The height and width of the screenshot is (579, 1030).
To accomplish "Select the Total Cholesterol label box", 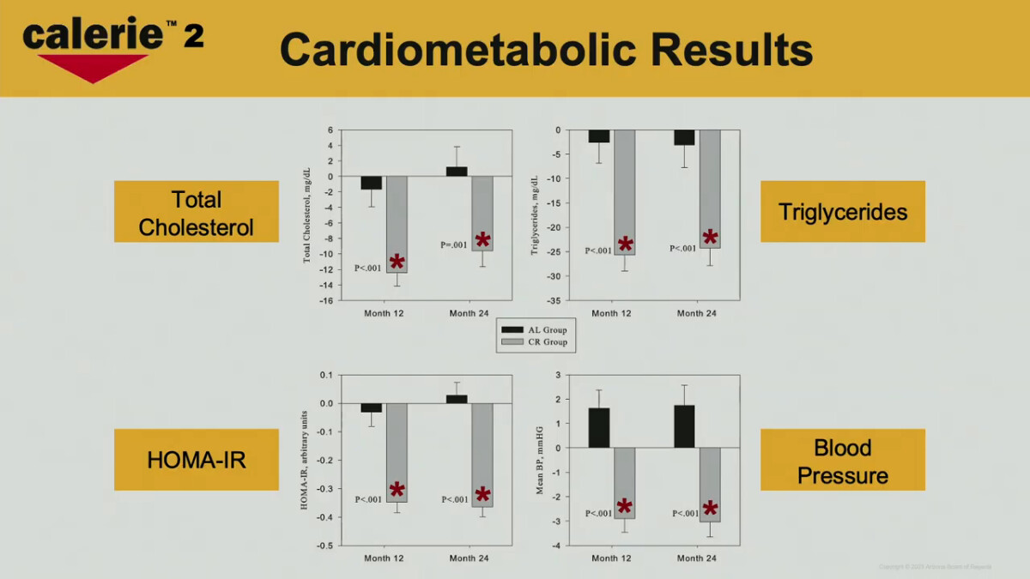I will tap(197, 212).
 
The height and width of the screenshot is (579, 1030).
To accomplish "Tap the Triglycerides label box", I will tap(842, 212).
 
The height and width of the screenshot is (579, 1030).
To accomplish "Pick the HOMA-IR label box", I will tap(197, 460).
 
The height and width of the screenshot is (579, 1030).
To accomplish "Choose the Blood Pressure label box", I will tap(842, 460).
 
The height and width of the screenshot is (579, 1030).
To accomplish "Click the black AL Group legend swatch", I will tap(512, 329).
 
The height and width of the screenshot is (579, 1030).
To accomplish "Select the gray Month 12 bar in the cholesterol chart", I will tap(396, 225).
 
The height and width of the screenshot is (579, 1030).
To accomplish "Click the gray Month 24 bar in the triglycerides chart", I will tap(710, 189).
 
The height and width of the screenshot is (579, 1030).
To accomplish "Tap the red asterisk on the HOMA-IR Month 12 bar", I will tap(397, 491).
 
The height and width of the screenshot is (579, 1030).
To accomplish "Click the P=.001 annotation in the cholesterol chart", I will tap(454, 245).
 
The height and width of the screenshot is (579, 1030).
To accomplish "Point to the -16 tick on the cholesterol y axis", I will tap(327, 301).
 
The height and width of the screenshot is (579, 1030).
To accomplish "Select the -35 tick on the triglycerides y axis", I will tap(554, 301).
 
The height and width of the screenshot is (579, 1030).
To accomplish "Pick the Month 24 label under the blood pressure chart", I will tap(696, 558).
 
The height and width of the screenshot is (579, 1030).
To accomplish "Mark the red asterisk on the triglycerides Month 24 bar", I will tap(710, 238).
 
